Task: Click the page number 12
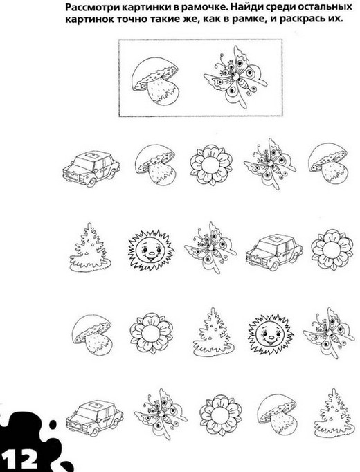point(20,459)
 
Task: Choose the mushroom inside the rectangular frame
point(155,81)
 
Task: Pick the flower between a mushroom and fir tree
point(152,333)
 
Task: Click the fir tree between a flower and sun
point(213,333)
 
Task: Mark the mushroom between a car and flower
point(155,164)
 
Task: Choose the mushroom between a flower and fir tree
point(277,414)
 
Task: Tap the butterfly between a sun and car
point(210,247)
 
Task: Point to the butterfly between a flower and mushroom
point(270,163)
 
